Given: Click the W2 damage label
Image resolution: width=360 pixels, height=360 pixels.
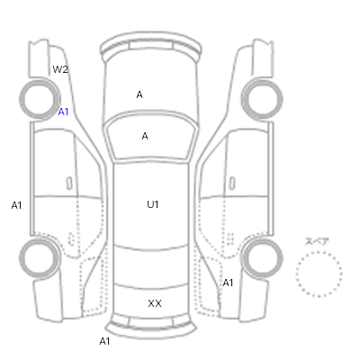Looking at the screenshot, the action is click(x=60, y=69).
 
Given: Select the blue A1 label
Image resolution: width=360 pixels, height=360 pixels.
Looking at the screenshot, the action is click(x=63, y=112).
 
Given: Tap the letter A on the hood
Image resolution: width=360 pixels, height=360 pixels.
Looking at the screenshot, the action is click(x=139, y=94).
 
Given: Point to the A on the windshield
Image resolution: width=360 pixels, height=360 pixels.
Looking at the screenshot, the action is click(x=145, y=136).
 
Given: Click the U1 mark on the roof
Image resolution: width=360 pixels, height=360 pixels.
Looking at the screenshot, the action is click(x=153, y=204).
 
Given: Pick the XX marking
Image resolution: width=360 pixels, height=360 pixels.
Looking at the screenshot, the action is click(x=155, y=303).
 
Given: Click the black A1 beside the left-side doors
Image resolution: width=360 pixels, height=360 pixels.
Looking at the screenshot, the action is click(x=16, y=205).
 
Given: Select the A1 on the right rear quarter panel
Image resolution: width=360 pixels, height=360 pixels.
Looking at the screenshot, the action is click(x=228, y=283).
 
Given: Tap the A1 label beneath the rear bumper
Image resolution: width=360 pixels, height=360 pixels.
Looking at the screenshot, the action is click(x=104, y=341).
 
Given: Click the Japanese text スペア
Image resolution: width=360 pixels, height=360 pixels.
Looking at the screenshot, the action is click(x=317, y=242).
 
